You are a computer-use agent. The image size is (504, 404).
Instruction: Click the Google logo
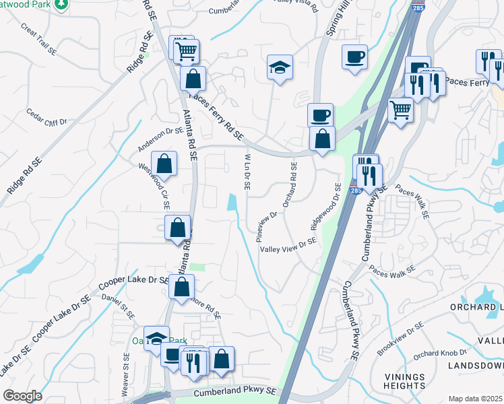(x=22, y=396)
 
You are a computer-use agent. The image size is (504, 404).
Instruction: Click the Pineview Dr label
(x=267, y=226)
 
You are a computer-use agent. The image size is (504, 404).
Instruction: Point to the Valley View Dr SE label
(x=288, y=246)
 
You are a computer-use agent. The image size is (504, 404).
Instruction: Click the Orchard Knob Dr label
(x=440, y=353)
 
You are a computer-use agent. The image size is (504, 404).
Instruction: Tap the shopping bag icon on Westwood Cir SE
(x=164, y=162)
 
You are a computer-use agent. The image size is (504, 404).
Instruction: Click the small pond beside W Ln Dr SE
(x=234, y=202)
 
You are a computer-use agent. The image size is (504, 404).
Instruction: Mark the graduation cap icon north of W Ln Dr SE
(x=280, y=67)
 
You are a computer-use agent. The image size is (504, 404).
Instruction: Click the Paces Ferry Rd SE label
(x=216, y=116)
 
